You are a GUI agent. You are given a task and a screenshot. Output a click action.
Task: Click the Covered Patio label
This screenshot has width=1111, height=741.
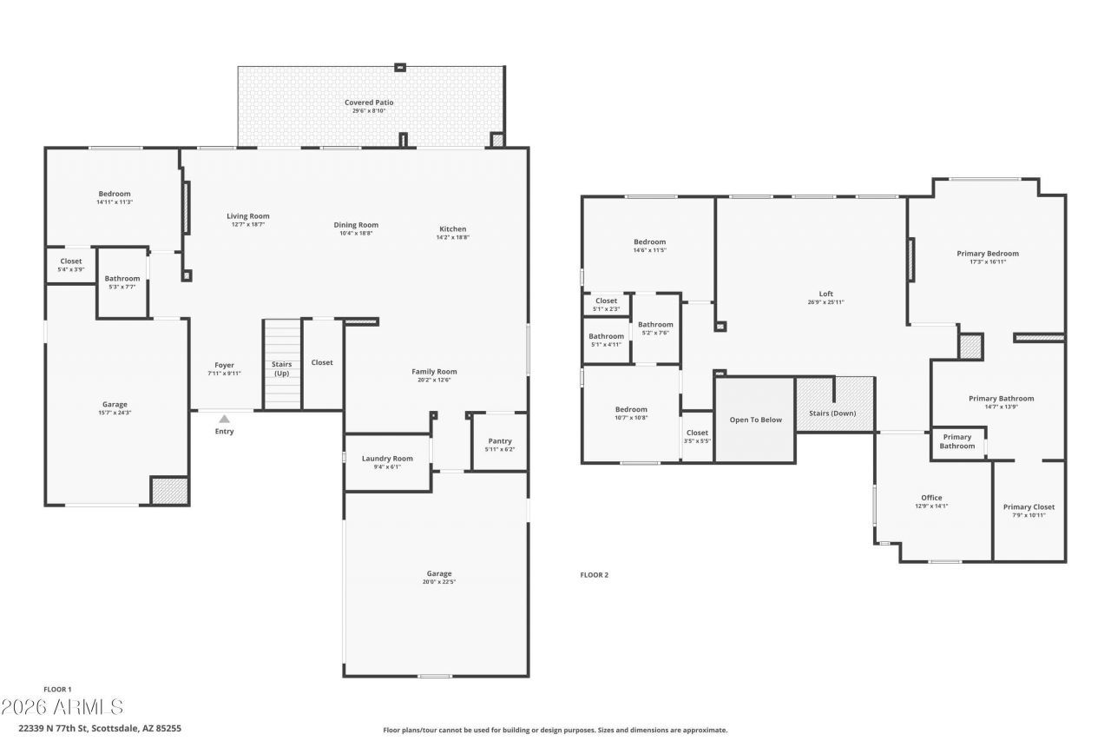pyautogui.click(x=369, y=103)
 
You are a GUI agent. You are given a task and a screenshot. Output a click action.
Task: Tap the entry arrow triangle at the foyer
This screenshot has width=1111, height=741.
pyautogui.click(x=224, y=419)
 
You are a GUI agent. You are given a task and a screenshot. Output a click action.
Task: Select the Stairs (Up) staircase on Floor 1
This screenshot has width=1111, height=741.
pyautogui.click(x=282, y=365)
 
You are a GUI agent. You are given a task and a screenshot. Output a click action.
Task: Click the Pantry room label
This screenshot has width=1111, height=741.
pyautogui.click(x=500, y=440)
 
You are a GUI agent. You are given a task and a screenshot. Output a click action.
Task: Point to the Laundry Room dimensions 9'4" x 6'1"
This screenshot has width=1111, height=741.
pyautogui.click(x=387, y=467)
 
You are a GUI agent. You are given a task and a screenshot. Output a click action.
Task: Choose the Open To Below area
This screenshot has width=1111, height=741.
pyautogui.click(x=755, y=420)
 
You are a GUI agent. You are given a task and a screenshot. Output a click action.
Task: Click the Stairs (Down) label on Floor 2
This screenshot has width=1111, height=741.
pyautogui.click(x=832, y=413)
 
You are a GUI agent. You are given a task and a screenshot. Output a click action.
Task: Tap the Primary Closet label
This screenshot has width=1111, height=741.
pyautogui.click(x=1029, y=506)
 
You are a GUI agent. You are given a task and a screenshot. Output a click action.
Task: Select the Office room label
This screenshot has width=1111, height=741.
pyautogui.click(x=931, y=498)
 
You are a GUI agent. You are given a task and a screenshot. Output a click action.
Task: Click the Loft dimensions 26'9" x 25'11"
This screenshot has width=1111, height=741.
pyautogui.click(x=825, y=302)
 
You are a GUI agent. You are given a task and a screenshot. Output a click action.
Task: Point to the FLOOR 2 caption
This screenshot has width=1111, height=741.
pyautogui.click(x=595, y=574)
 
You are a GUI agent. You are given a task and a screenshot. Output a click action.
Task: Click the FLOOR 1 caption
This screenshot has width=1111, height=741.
pyautogui.click(x=57, y=689)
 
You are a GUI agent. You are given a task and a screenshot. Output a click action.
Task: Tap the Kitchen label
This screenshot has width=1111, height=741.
pyautogui.click(x=452, y=229)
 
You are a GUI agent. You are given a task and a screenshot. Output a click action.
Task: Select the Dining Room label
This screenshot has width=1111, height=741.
pyautogui.click(x=356, y=225)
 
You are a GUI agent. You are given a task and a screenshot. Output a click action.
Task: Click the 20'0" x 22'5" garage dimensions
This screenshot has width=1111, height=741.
pyautogui.click(x=439, y=582)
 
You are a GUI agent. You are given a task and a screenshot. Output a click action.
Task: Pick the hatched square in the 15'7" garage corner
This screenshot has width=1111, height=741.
pyautogui.click(x=169, y=490)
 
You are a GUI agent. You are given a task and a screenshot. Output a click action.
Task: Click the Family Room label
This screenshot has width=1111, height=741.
pyautogui.click(x=434, y=371)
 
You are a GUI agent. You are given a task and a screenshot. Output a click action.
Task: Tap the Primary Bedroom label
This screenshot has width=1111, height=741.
pyautogui.click(x=988, y=254)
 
